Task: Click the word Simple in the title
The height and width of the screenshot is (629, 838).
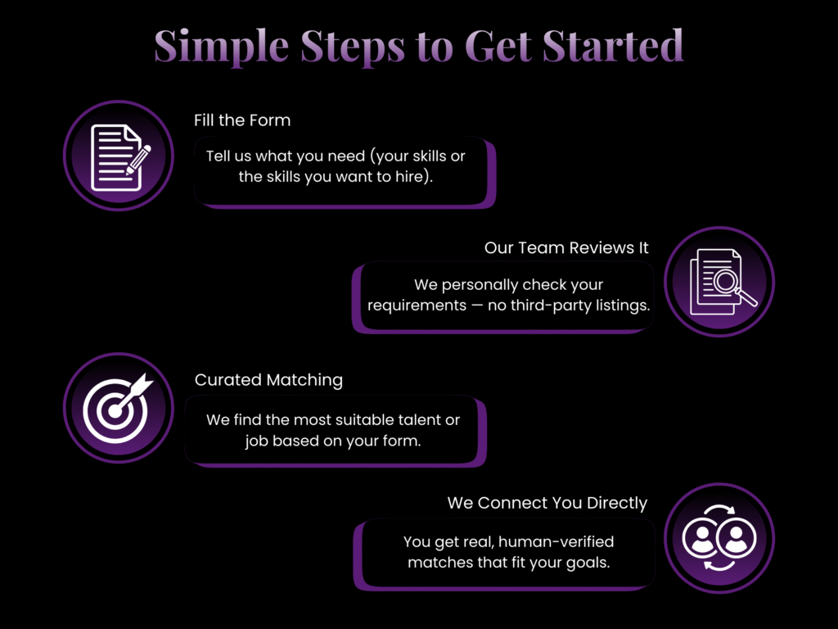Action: pos(221,47)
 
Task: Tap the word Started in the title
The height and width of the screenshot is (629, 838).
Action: pos(613,45)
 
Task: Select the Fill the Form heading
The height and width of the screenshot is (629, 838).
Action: pos(242,120)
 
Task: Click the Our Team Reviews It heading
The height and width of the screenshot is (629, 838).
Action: pos(566,247)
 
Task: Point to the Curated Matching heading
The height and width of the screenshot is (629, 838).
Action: pos(268,380)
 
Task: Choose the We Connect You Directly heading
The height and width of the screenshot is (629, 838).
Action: pos(547,503)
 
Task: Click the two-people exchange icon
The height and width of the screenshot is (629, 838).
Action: pos(719,538)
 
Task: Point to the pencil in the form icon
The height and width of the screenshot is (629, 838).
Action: pos(138,160)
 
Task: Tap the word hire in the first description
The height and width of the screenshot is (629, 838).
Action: pos(408,177)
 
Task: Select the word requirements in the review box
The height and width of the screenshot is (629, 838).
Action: pos(417,306)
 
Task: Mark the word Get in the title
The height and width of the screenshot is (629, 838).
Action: pos(498,45)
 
